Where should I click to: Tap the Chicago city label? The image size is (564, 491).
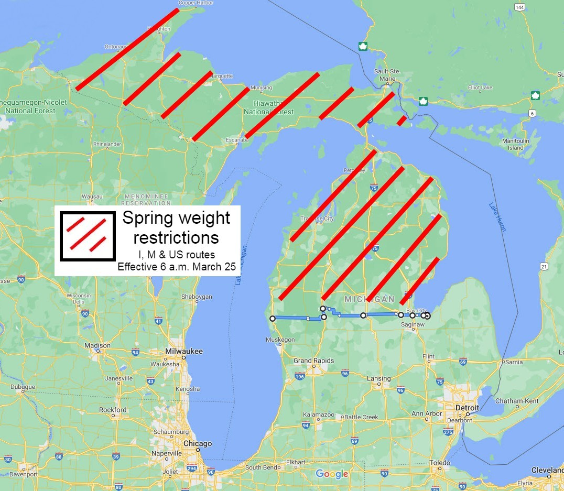pyautogui.click(x=198, y=443)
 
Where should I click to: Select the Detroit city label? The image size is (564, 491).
pyautogui.click(x=467, y=408)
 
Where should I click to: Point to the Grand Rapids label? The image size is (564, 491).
pyautogui.click(x=313, y=361)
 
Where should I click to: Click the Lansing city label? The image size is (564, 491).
pyautogui.click(x=378, y=378)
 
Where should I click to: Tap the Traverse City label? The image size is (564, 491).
pyautogui.click(x=317, y=219)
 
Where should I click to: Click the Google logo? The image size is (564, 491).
pyautogui.click(x=332, y=474)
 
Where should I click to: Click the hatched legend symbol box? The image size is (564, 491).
pyautogui.click(x=87, y=236)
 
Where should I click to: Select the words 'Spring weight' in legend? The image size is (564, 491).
pyautogui.click(x=176, y=218)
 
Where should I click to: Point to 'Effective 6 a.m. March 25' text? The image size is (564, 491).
pyautogui.click(x=177, y=267)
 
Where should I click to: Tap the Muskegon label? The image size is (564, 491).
pyautogui.click(x=280, y=340)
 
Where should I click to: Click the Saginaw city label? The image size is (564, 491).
pyautogui.click(x=412, y=325)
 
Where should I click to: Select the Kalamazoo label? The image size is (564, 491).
pyautogui.click(x=318, y=414)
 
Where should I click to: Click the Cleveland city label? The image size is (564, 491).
pyautogui.click(x=547, y=470)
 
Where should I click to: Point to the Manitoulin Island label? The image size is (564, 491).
pyautogui.click(x=515, y=145)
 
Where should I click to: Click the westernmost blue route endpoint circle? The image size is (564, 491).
pyautogui.click(x=272, y=318)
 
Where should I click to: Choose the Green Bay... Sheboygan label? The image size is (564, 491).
pyautogui.click(x=197, y=297)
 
